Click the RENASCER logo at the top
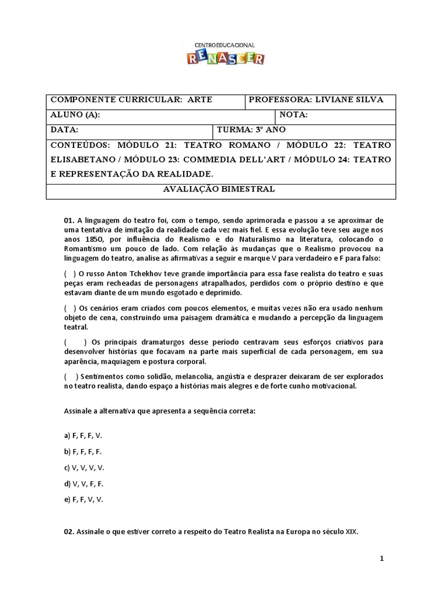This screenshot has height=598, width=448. pyautogui.click(x=225, y=54)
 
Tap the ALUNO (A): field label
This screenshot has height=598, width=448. pyautogui.click(x=75, y=115)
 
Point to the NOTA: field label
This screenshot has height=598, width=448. pyautogui.click(x=294, y=115)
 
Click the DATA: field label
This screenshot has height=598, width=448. pyautogui.click(x=64, y=130)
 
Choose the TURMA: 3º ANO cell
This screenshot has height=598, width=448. pyautogui.click(x=251, y=130)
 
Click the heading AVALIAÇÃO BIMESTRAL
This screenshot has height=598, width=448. pyautogui.click(x=225, y=190)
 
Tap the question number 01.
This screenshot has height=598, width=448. pyautogui.click(x=69, y=221)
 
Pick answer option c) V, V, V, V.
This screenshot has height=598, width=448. pyautogui.click(x=85, y=468)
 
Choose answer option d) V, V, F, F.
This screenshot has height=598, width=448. pyautogui.click(x=83, y=484)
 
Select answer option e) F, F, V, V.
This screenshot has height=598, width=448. pyautogui.click(x=83, y=499)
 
